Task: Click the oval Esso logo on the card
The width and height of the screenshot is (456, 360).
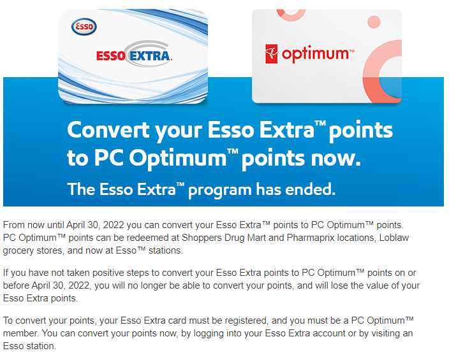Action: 84,27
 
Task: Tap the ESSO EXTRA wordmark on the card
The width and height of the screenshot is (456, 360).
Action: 134,55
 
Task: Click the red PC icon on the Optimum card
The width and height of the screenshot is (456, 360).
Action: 272,54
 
